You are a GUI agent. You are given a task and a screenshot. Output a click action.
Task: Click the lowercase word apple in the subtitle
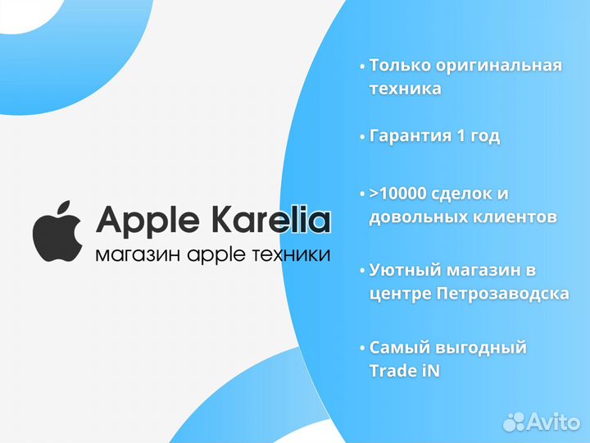(216, 255)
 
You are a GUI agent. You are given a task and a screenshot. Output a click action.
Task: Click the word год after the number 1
(484, 137)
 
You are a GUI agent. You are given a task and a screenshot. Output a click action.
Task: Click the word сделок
(468, 194)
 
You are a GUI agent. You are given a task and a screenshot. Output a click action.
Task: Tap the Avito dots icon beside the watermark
(514, 422)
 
